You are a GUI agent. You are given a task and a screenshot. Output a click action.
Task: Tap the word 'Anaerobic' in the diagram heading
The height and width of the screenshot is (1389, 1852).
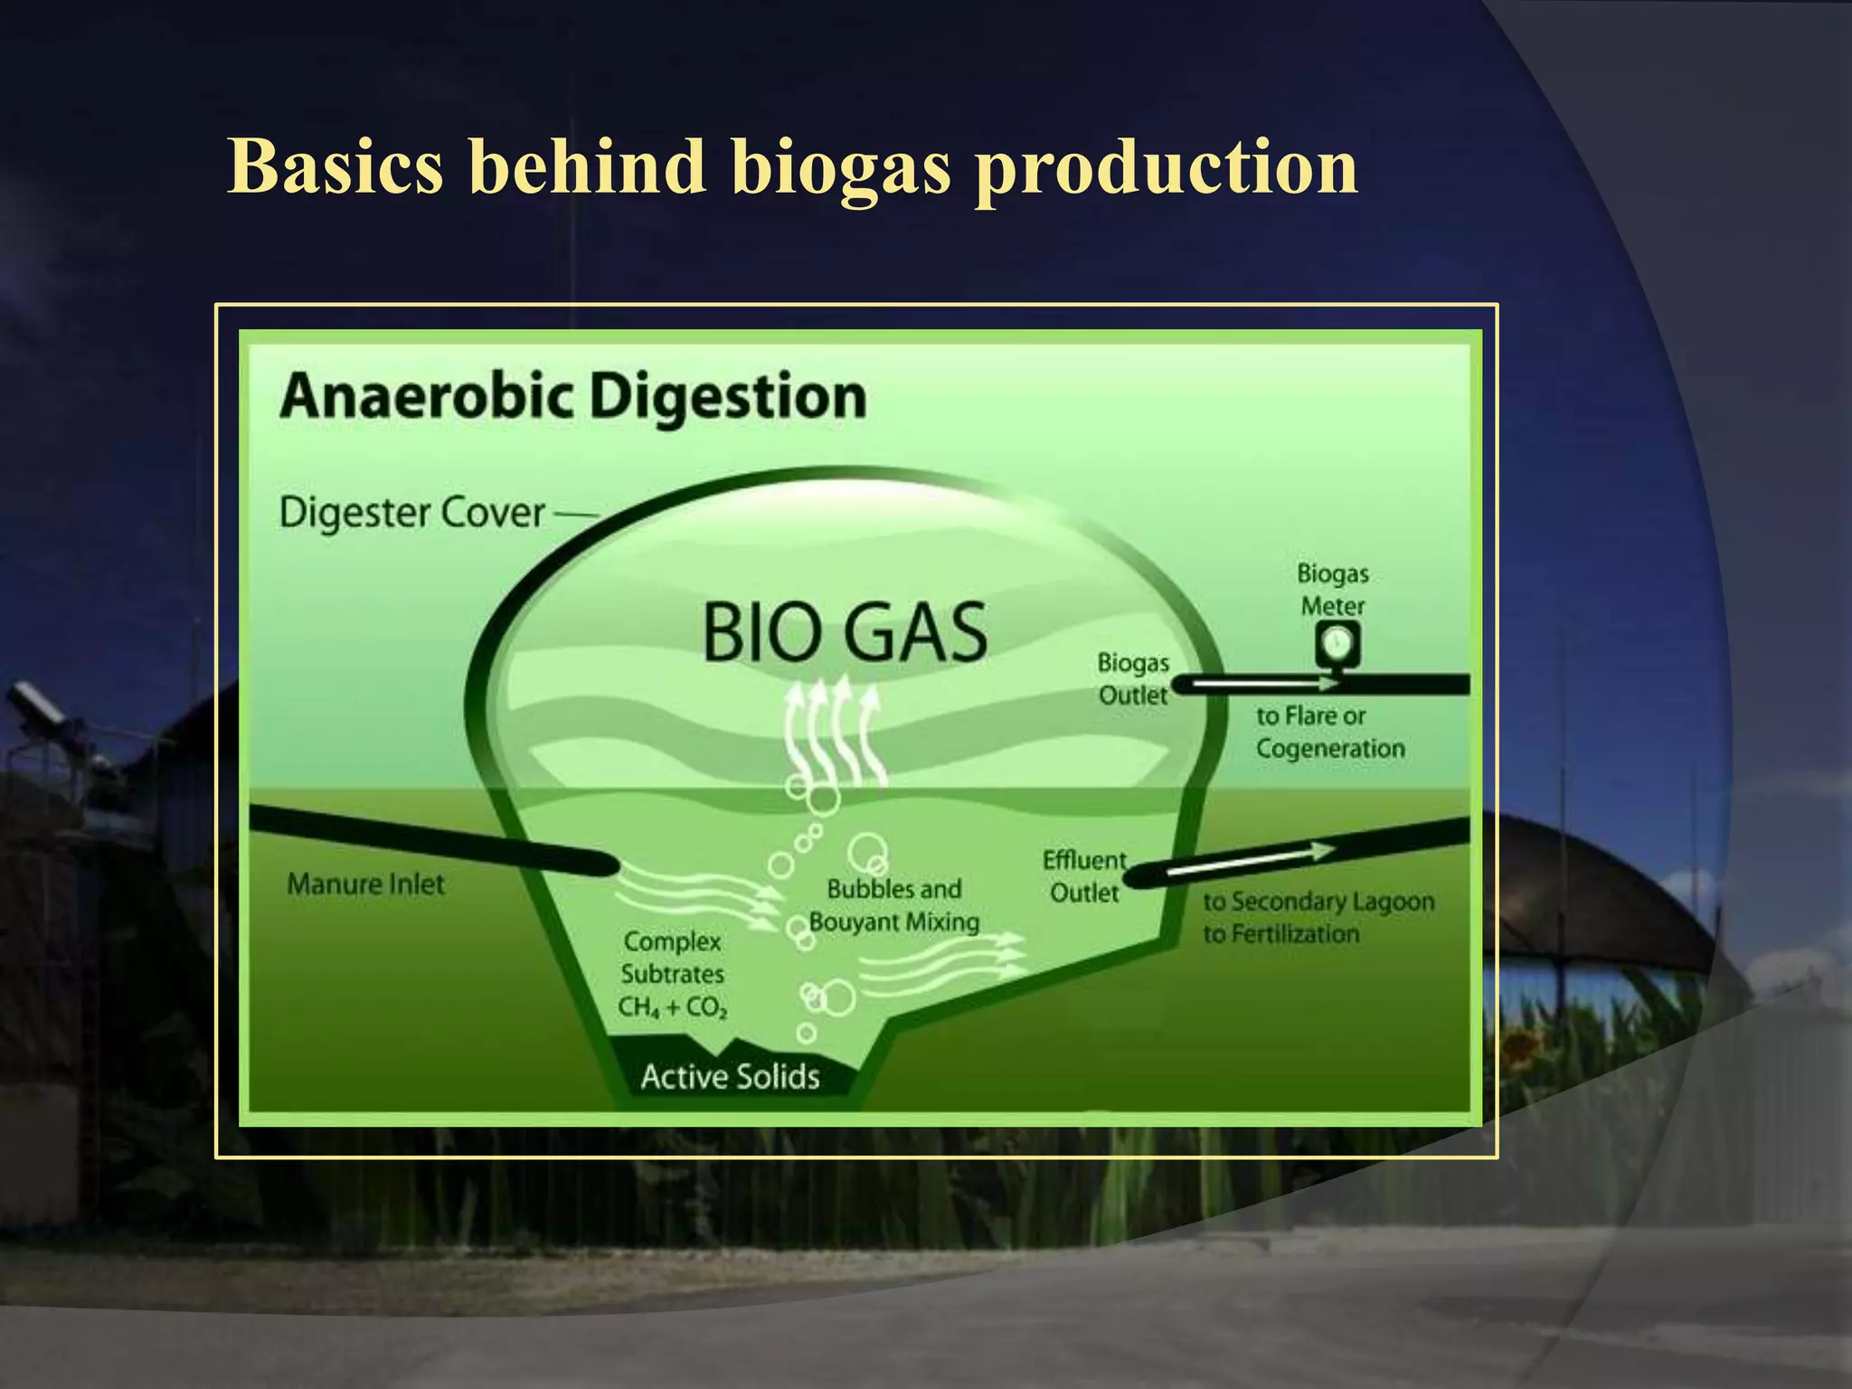(x=426, y=397)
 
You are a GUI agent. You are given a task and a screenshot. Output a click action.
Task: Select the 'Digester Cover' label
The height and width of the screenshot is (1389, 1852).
(x=412, y=514)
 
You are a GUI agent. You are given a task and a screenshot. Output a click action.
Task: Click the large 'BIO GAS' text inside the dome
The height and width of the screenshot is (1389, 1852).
(x=845, y=634)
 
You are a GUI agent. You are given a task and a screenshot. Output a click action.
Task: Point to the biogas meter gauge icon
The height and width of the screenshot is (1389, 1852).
(x=1337, y=644)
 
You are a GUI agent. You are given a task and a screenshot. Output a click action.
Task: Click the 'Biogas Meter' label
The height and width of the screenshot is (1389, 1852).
(x=1333, y=590)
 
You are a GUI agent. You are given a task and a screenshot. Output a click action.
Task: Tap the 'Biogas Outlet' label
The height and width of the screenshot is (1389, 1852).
(x=1133, y=679)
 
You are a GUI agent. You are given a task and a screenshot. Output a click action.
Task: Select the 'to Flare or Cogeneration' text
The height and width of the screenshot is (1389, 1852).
(x=1329, y=732)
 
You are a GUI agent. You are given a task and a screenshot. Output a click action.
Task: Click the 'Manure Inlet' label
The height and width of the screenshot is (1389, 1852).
(x=366, y=884)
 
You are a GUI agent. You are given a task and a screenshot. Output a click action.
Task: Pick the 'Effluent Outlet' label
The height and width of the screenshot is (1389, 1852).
(x=1084, y=876)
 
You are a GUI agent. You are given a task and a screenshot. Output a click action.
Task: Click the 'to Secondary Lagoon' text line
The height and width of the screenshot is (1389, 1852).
(x=1318, y=902)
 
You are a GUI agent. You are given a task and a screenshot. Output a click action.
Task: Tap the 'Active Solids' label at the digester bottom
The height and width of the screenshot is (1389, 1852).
(x=730, y=1077)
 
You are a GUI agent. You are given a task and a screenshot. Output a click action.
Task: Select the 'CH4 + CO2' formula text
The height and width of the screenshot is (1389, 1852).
(x=673, y=1007)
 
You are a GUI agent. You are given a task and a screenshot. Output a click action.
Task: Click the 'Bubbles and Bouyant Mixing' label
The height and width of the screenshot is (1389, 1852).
(x=893, y=905)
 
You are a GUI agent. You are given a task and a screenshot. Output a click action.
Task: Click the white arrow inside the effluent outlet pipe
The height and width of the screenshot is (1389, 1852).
(x=1248, y=860)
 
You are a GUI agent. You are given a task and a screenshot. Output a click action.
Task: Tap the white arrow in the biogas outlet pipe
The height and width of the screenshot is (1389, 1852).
(x=1266, y=685)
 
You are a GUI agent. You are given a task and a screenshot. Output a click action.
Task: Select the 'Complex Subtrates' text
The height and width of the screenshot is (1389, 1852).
(x=672, y=958)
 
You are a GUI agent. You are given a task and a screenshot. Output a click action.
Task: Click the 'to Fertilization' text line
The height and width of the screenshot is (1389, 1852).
(x=1280, y=934)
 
